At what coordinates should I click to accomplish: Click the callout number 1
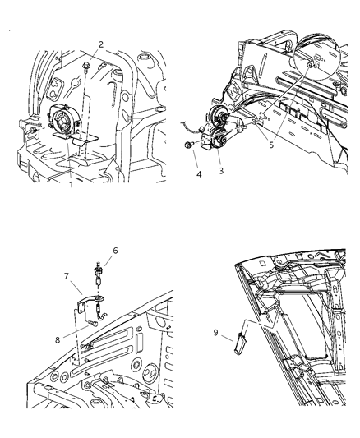pos(71,185)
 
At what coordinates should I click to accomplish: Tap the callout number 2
pos(101,44)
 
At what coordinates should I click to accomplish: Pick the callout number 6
pos(116,250)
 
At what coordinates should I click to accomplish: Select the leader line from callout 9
pos(227,337)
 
